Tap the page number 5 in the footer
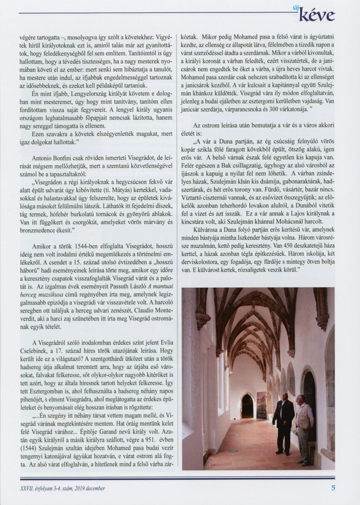pyautogui.click(x=333, y=488)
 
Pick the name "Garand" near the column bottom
pyautogui.click(x=125, y=441)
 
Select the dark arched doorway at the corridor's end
pyautogui.click(x=248, y=406)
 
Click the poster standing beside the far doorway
pyautogui.click(x=261, y=405)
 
